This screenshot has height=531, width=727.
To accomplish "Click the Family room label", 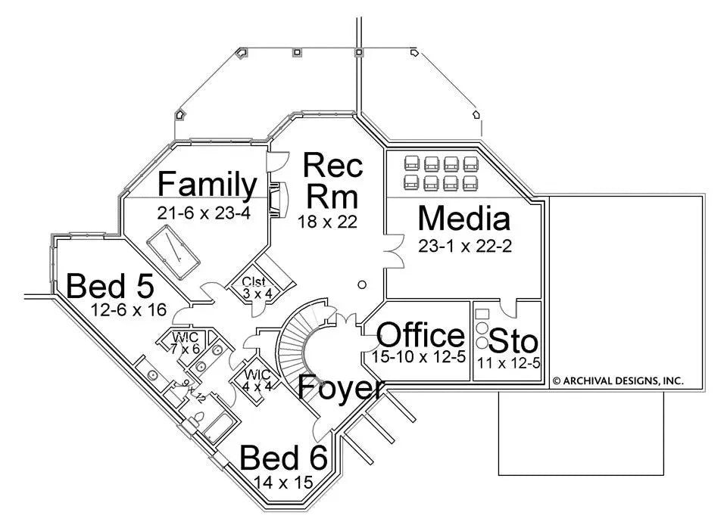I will click(x=207, y=185).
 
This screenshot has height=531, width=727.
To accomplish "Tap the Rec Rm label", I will click(x=332, y=180).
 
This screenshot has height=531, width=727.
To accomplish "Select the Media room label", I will click(x=463, y=219).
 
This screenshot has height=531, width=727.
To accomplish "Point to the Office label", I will click(x=420, y=334).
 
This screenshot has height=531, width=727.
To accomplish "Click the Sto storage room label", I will click(x=513, y=340).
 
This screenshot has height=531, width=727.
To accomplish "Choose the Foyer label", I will click(x=339, y=387).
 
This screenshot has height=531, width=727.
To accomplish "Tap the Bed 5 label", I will click(x=111, y=286).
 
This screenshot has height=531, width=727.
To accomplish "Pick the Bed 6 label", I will click(x=283, y=458).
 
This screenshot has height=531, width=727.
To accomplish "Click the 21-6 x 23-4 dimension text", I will click(x=204, y=213).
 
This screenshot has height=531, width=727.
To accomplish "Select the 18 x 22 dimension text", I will click(x=327, y=222).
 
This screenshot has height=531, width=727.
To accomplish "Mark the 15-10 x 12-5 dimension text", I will click(x=419, y=356).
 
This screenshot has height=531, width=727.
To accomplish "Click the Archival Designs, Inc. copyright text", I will click(x=617, y=381).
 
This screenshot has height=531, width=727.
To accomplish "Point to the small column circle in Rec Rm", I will click(x=362, y=284).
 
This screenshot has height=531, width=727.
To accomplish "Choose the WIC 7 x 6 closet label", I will click(x=185, y=343).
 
